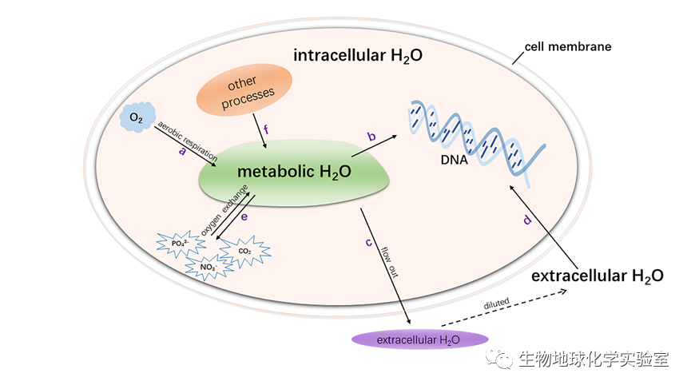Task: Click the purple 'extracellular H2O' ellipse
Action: pyautogui.click(x=419, y=340)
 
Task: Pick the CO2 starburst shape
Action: pyautogui.click(x=244, y=250)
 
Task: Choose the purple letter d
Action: pyautogui.click(x=526, y=220)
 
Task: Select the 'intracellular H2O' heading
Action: pyautogui.click(x=357, y=57)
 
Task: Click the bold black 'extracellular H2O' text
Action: pyautogui.click(x=597, y=276)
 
